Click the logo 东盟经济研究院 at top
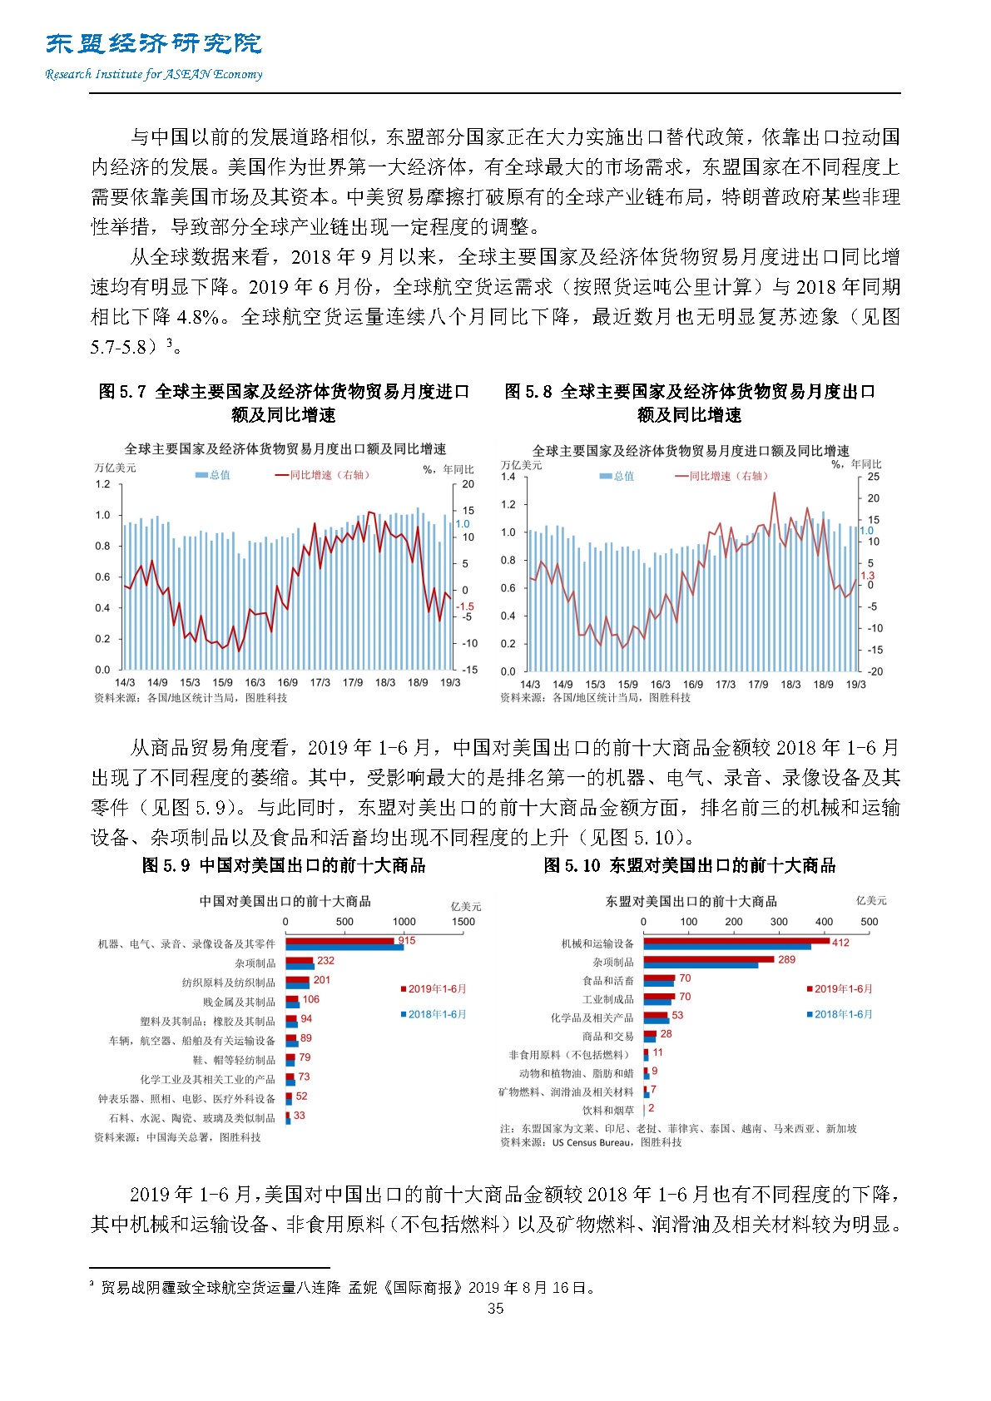point(154,44)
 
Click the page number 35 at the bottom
point(495,1308)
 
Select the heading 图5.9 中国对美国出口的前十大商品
point(284,865)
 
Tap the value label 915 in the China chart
point(406,940)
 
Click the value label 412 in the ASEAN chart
point(840,943)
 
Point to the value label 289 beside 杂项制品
point(786,959)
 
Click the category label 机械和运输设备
point(597,943)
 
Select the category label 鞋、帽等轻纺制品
point(234,1060)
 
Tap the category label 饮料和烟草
point(608,1110)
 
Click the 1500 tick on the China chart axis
point(463,922)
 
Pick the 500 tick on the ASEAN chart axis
point(869,922)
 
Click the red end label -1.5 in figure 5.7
point(464,606)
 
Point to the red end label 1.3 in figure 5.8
point(867,576)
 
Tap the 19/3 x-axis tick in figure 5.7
point(449,682)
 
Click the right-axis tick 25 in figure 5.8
point(873,477)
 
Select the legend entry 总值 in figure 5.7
point(213,475)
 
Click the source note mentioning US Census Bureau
point(591,1142)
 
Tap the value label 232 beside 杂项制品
point(325,960)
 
